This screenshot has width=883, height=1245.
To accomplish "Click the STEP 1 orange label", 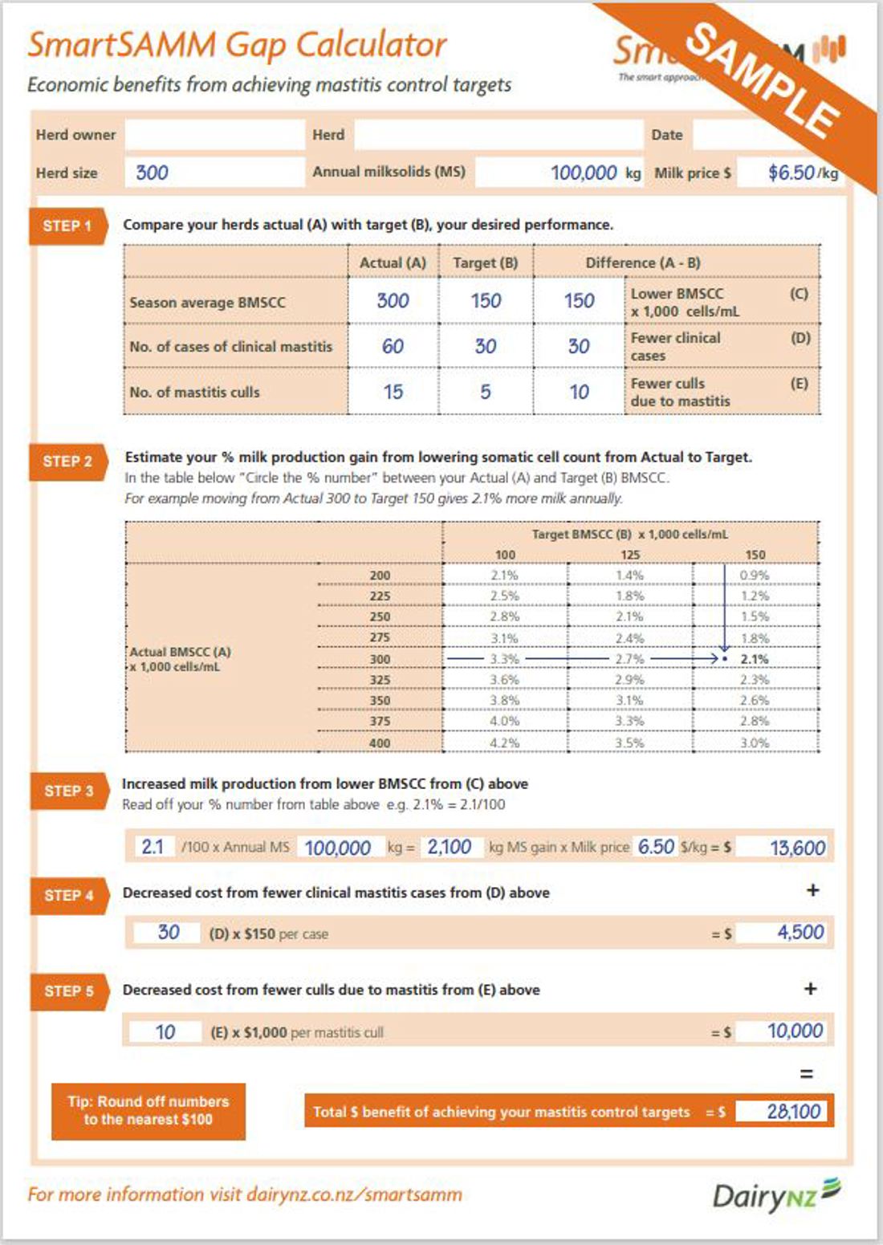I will (x=67, y=226).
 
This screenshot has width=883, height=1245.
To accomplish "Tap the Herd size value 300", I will (x=152, y=173).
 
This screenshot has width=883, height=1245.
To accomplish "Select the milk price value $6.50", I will (x=791, y=173).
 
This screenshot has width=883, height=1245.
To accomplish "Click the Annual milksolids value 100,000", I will (x=583, y=173).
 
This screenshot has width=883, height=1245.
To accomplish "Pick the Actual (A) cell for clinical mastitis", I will (x=393, y=347).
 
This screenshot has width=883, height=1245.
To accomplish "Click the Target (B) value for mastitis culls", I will (x=485, y=392).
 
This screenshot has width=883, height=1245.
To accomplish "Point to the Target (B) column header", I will (x=485, y=262).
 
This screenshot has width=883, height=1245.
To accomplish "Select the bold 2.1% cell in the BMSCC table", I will (x=754, y=659).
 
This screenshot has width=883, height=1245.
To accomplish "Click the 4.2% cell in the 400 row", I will (x=504, y=743).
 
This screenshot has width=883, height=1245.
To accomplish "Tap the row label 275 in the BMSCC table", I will (x=380, y=637).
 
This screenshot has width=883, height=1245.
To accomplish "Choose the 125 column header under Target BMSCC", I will (x=630, y=555).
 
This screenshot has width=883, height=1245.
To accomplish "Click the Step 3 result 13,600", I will (x=796, y=848).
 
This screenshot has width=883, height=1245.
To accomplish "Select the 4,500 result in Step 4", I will (x=800, y=932).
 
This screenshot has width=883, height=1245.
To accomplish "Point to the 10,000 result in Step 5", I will (x=795, y=1031).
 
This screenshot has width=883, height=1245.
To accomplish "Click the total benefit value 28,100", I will (x=793, y=1112).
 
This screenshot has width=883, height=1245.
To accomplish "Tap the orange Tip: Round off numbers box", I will (x=149, y=1111).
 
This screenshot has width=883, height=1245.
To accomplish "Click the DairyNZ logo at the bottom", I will (x=775, y=1195).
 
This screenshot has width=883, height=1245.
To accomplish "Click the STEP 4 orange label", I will (x=68, y=895).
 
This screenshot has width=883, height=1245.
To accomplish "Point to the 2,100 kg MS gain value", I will (x=449, y=847).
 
